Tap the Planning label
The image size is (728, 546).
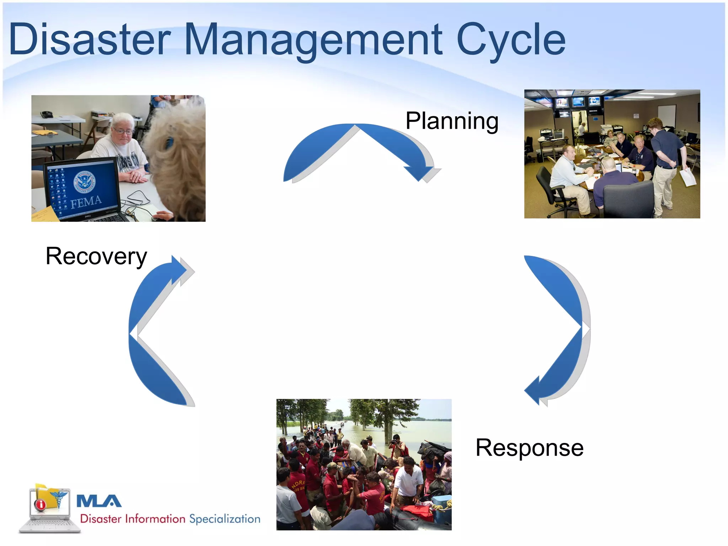452,121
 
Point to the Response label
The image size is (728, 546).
529,448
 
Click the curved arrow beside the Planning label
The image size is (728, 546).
359,149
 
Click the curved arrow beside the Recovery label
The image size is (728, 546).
153,331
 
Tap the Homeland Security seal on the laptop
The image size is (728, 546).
85,182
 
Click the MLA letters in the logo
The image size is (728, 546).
99,501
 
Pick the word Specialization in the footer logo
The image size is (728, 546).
225,519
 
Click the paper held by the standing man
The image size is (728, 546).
688,176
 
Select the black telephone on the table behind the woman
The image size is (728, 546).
47,114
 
